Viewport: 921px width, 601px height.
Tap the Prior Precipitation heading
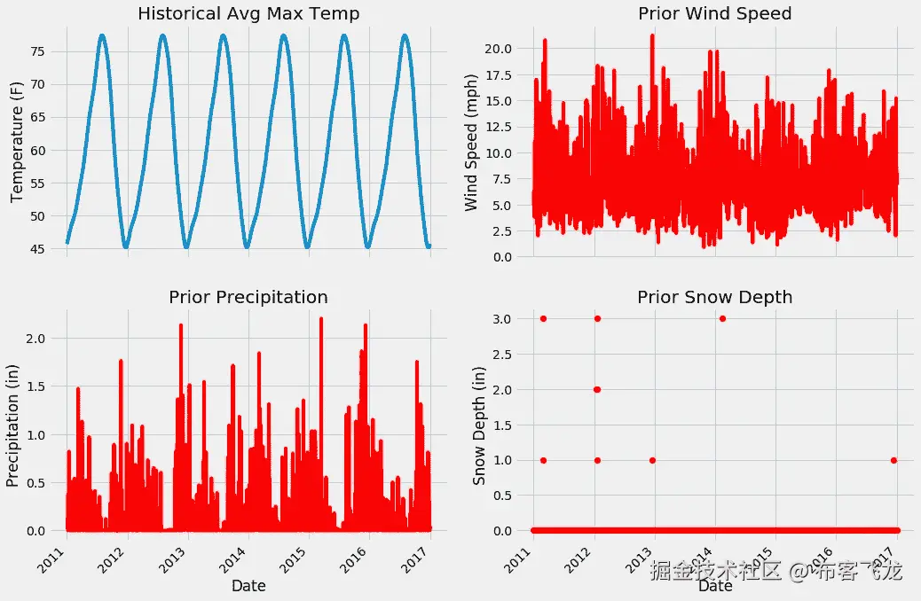248,297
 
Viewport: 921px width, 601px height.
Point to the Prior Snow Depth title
715,297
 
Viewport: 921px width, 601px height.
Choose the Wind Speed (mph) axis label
471,144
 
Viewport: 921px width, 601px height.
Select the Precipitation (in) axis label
13,421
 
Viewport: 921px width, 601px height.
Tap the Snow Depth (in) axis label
479,421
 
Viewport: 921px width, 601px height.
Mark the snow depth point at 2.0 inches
596,389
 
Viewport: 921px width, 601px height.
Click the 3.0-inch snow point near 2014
722,318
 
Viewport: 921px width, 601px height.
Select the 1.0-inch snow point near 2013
652,460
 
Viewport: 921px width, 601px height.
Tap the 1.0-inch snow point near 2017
893,460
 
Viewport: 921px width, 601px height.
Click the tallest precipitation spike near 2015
320,319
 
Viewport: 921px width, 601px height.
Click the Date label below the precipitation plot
248,586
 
